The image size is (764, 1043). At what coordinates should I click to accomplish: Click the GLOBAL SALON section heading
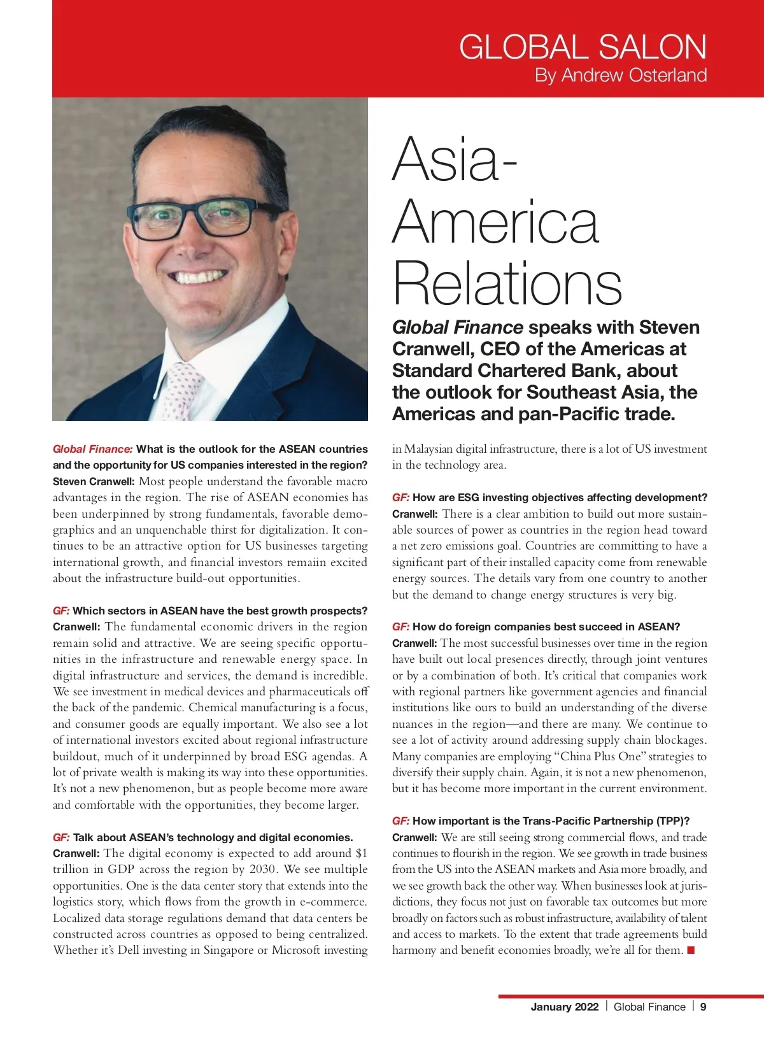(x=583, y=47)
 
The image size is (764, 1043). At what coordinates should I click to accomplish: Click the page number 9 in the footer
(x=703, y=1007)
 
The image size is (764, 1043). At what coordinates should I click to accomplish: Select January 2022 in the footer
(x=565, y=1007)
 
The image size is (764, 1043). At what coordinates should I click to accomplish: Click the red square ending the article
(x=691, y=951)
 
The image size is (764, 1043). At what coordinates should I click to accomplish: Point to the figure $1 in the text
(x=361, y=853)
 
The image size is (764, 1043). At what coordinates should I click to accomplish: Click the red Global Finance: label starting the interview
(x=93, y=449)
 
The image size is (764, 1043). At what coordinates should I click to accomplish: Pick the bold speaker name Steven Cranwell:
(x=94, y=481)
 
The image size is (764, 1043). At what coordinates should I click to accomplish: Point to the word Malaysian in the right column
(x=429, y=449)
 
